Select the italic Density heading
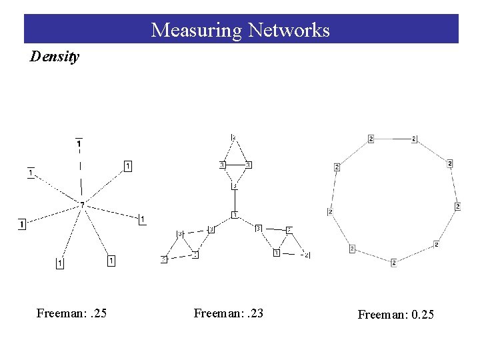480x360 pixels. (55, 57)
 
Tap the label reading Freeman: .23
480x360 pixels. (228, 313)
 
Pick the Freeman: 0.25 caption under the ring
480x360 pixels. (395, 314)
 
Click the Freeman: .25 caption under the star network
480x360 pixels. (71, 313)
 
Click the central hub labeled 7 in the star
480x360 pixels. (82, 204)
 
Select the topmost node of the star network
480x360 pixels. (79, 143)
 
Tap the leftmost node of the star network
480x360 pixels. (22, 224)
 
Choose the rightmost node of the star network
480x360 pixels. (142, 219)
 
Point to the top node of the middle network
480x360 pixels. (233, 137)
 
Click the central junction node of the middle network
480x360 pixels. (234, 214)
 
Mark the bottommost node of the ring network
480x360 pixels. (393, 263)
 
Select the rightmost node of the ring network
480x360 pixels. (457, 207)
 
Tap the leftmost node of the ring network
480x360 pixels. (330, 212)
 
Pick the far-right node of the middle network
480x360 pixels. (307, 255)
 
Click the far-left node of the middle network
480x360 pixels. (163, 259)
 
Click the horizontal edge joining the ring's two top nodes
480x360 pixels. (392, 139)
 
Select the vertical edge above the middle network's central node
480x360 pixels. (234, 200)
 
